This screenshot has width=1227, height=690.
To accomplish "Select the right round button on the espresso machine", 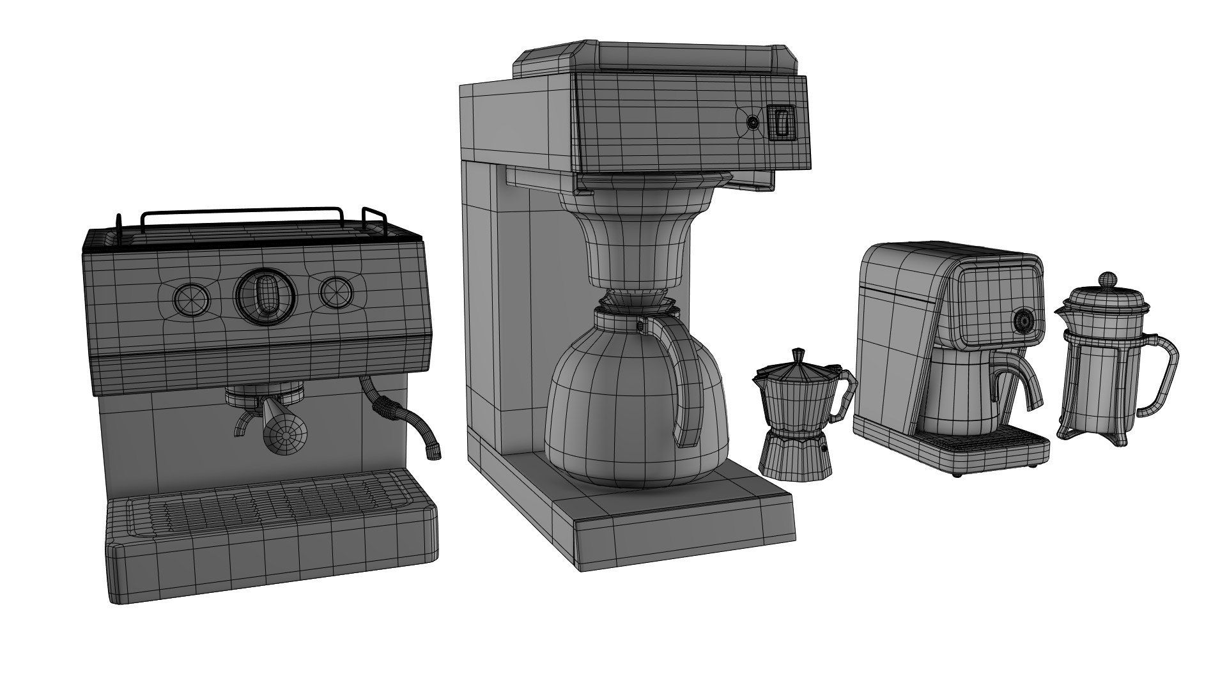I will (337, 292).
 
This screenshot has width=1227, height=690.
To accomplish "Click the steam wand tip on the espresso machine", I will (435, 452).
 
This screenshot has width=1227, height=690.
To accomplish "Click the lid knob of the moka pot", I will (798, 354).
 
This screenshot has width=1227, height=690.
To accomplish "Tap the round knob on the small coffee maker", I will (1023, 321).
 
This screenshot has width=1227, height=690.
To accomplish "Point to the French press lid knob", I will (1107, 279).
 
